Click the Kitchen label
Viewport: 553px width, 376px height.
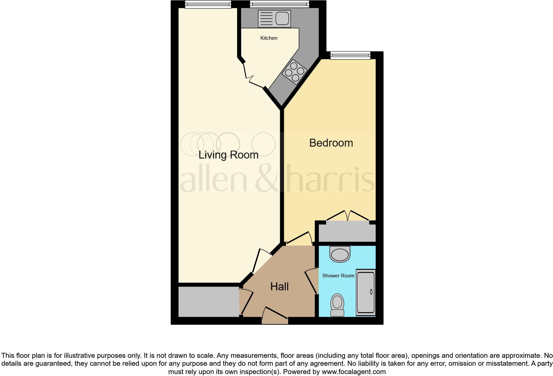pos(269,38)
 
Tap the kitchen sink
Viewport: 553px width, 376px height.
pos(274,19)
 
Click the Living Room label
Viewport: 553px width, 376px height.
pos(228,155)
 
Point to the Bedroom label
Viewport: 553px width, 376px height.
pos(331,143)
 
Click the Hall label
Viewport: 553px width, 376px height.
pos(279,287)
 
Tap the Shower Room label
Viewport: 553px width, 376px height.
pos(338,275)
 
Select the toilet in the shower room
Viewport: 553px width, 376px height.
pos(337,305)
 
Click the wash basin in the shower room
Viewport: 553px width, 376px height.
pos(340,254)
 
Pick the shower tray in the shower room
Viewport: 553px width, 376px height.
pos(366,293)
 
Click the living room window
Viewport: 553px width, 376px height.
pos(208,5)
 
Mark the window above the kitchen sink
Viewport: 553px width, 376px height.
pos(279,5)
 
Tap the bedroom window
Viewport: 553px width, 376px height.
pos(350,56)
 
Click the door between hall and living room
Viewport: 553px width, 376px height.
pos(261,261)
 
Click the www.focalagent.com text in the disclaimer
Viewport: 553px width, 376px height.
pos(353,372)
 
